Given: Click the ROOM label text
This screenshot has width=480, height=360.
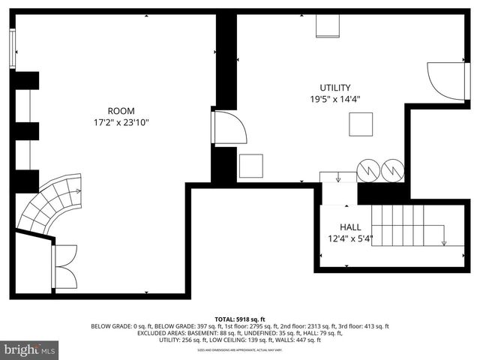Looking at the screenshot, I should click(121, 110).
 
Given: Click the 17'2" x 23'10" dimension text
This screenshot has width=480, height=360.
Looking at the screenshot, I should click(121, 121).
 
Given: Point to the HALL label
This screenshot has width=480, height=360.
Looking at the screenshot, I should click(350, 227).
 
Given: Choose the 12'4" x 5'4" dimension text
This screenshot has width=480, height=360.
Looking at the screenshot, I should click(350, 239).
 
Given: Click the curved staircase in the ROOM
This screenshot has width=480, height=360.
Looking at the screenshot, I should click(49, 202).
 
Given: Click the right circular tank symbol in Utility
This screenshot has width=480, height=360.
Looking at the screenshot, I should click(392, 170).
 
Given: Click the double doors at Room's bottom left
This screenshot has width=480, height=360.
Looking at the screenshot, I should click(64, 267).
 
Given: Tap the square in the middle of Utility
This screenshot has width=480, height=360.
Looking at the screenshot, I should click(361, 124).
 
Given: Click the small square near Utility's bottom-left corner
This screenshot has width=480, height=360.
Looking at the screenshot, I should click(250, 166).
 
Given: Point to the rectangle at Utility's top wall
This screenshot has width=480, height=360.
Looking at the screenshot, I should click(328, 25).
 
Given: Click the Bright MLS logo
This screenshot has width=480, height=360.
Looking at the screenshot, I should click(31, 349).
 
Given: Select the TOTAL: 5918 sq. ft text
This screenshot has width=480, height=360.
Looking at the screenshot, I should click(240, 319).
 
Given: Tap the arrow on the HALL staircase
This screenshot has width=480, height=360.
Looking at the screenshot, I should click(444, 241).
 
